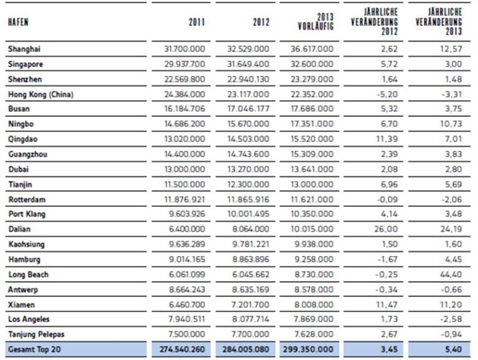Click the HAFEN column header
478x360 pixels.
point(18,22)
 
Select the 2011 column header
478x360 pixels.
point(197,22)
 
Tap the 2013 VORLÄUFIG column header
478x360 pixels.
point(316,21)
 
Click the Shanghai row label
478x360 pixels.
point(24,49)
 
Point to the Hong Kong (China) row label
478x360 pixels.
point(41,95)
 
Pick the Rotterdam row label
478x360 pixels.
point(27,199)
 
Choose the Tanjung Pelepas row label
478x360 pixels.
point(36,334)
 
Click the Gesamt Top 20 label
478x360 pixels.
point(34,349)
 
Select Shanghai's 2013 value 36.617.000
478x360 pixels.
point(312,49)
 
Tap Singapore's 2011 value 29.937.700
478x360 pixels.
point(185,64)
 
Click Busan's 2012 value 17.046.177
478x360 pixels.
point(248,109)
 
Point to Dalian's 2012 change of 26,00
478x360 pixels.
point(386,229)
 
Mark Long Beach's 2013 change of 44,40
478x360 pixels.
point(451,275)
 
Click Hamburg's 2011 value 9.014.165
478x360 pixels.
point(187,259)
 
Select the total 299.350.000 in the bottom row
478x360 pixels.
point(308,349)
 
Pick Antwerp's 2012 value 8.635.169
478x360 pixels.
point(251,290)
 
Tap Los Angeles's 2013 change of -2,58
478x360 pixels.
point(451,319)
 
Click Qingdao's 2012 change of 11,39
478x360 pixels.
point(387,139)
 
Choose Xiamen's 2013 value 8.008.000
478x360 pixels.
point(314,305)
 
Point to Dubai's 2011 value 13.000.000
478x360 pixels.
point(185,169)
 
